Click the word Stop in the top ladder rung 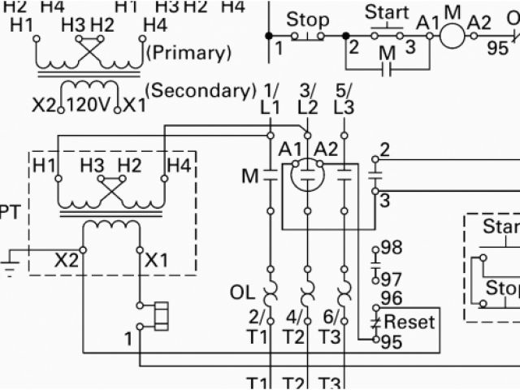309,19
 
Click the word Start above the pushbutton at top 386,13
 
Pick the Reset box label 410,321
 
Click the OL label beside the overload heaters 243,290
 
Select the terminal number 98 392,247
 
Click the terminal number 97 392,279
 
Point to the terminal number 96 392,299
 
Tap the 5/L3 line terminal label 344,98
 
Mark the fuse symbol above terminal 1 159,315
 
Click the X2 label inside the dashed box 66,261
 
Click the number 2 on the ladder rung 353,46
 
